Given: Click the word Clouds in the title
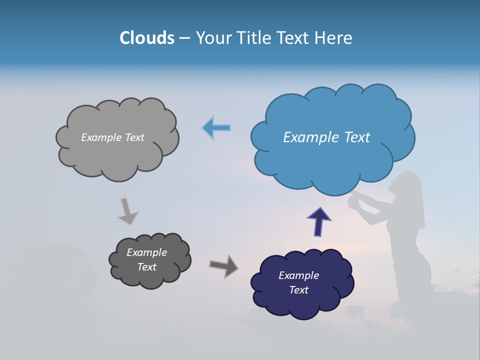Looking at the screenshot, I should tap(147, 38).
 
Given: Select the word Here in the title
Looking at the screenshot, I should tap(333, 38).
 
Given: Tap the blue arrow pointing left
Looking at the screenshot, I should tap(216, 128).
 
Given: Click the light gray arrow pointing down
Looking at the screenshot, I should tap(127, 210).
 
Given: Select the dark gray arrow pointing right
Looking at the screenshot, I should tap(223, 265).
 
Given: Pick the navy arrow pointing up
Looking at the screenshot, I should tap(319, 221).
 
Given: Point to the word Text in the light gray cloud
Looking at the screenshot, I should tap(133, 137).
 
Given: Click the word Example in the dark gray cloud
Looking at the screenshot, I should tap(146, 252).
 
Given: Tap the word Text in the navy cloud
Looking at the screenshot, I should tap(298, 290).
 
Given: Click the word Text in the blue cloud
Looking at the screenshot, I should tap(354, 137).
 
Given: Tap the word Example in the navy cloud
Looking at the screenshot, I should tap(298, 275).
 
